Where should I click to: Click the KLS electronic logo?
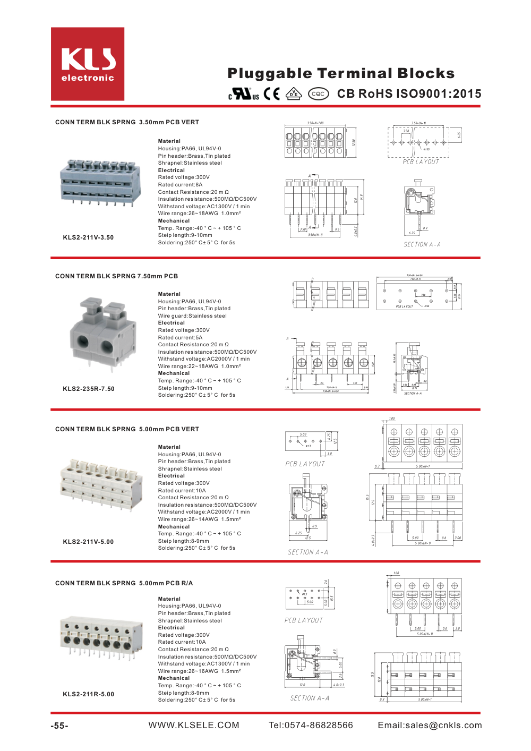88,64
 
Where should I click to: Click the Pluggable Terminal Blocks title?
341,73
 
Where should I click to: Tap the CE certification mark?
271,94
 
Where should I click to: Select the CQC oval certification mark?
318,94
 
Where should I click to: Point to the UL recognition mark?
244,94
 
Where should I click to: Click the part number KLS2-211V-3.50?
88,237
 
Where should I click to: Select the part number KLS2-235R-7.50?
89,389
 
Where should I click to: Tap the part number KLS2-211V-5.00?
88,542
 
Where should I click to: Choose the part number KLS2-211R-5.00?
88,694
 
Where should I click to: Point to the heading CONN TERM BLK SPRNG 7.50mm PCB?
116,276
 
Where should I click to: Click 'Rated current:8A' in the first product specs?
180,185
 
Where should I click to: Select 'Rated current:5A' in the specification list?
180,337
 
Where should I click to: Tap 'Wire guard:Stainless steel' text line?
192,316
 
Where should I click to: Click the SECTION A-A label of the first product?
422,245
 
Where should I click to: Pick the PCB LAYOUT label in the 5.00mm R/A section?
304,620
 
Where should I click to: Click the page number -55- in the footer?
59,726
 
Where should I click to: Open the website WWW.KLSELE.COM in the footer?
194,726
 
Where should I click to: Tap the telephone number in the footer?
311,726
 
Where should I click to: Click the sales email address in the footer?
430,726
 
